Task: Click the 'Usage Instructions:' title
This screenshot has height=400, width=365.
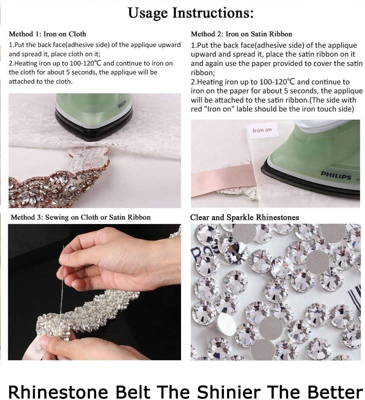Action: (191, 13)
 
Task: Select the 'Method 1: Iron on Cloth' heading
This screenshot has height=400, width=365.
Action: (47, 34)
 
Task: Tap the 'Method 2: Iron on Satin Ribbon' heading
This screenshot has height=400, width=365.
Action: (241, 34)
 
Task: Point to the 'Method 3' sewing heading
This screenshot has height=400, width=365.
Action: (81, 217)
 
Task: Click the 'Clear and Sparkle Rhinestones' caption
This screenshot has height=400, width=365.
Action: (245, 217)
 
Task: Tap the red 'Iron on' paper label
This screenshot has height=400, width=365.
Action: (262, 130)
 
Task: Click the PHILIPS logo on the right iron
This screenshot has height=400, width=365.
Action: (336, 175)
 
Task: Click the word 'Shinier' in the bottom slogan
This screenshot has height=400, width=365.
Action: (229, 391)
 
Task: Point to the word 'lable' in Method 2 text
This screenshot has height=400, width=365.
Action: (245, 109)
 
